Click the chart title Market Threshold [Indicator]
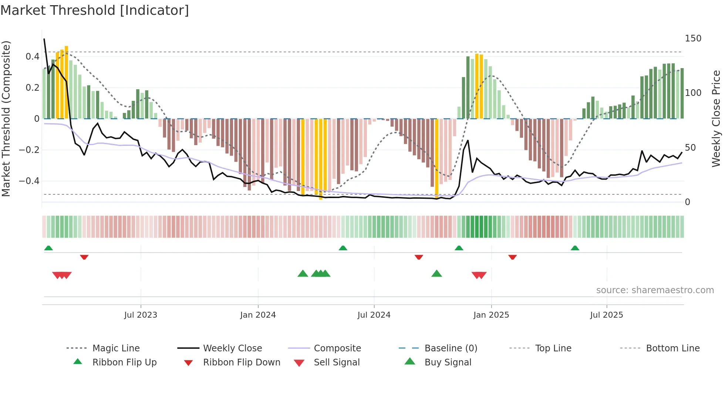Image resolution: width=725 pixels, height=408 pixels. click(x=95, y=10)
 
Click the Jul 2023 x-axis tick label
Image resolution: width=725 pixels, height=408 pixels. click(x=141, y=315)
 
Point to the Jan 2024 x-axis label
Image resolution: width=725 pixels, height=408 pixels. click(x=258, y=315)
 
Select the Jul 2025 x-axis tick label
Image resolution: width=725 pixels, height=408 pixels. click(x=607, y=315)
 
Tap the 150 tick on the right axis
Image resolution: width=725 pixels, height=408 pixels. click(x=693, y=39)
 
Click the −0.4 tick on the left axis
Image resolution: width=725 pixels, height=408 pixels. click(x=29, y=181)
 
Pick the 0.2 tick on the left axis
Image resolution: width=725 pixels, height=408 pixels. click(x=32, y=88)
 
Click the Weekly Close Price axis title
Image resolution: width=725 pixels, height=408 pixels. click(x=716, y=118)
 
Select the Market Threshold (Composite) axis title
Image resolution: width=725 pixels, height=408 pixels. click(x=6, y=118)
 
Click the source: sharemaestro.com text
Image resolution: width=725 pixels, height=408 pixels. click(x=655, y=290)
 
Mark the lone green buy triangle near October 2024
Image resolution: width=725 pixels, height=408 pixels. click(x=436, y=274)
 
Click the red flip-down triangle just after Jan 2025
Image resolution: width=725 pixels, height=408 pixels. click(x=512, y=257)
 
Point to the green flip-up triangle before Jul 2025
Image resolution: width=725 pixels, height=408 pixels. click(x=575, y=248)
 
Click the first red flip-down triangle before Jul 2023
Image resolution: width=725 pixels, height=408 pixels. click(x=84, y=257)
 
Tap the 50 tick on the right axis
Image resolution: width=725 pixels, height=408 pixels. click(x=690, y=148)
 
